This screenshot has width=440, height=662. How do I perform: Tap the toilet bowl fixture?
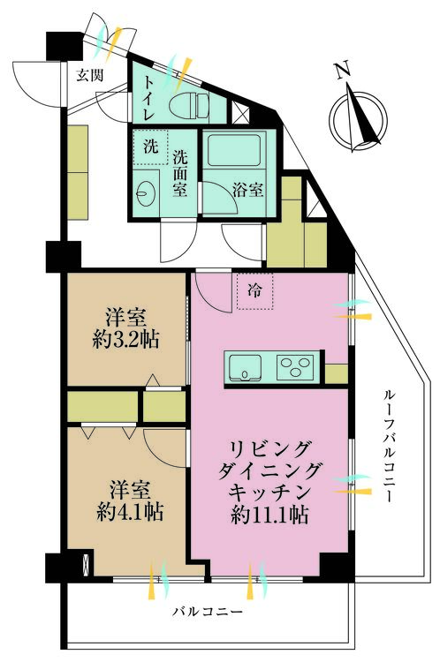tap(186, 106)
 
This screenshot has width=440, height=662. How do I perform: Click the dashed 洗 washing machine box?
tap(150, 147)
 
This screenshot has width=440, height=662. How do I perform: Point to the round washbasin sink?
tap(148, 190)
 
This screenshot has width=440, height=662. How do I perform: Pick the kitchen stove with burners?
tap(298, 365)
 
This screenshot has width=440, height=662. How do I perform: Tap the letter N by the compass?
tap(342, 71)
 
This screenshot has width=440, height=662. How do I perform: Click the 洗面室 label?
tap(180, 172)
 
